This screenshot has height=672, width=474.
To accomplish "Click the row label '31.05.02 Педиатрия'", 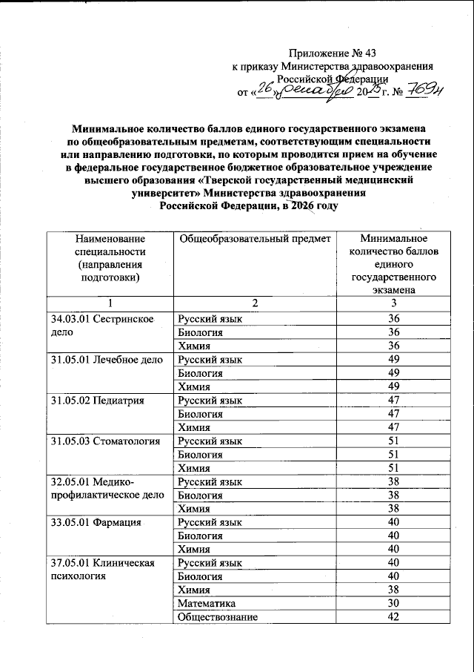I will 96,401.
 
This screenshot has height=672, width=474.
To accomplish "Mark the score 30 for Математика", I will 393,604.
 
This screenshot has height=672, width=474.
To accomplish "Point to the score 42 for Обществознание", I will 393,617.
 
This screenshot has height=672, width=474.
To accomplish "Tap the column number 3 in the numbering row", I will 393,304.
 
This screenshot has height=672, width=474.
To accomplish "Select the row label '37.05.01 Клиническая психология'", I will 102,570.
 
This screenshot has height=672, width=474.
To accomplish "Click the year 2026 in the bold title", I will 298,205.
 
